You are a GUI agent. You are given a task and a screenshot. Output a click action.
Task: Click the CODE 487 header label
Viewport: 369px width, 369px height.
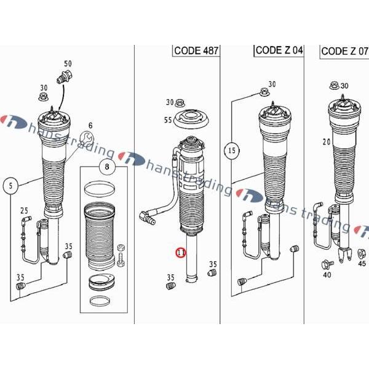pyautogui.click(x=196, y=50)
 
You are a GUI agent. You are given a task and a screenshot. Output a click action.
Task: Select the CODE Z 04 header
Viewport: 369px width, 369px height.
pyautogui.click(x=279, y=50)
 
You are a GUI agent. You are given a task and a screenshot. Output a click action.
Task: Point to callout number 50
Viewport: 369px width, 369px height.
pyautogui.click(x=68, y=63)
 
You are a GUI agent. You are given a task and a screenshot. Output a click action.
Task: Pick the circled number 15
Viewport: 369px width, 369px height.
pyautogui.click(x=231, y=150)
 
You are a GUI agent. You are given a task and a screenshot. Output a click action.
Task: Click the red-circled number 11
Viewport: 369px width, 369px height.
pyautogui.click(x=180, y=253)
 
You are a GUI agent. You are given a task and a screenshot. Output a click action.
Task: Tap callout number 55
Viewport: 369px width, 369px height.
pyautogui.click(x=167, y=121)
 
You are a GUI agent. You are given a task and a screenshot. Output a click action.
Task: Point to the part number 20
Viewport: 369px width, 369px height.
pyautogui.click(x=326, y=142)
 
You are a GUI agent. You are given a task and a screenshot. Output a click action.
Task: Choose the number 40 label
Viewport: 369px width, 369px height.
pyautogui.click(x=326, y=275)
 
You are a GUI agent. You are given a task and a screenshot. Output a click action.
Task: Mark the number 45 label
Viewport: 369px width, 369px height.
pyautogui.click(x=361, y=264)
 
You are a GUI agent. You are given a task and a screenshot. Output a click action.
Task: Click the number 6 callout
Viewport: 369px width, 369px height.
pyautogui.click(x=90, y=125)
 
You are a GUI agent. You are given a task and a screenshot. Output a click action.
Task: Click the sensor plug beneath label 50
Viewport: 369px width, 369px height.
pyautogui.click(x=63, y=78)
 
